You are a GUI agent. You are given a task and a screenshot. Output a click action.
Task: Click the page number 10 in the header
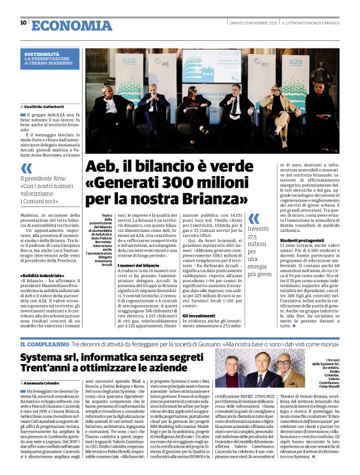coord(23,22)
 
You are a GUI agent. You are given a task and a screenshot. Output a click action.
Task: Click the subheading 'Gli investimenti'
coord(199,315)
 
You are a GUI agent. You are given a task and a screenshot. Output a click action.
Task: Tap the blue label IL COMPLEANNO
coord(43,344)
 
